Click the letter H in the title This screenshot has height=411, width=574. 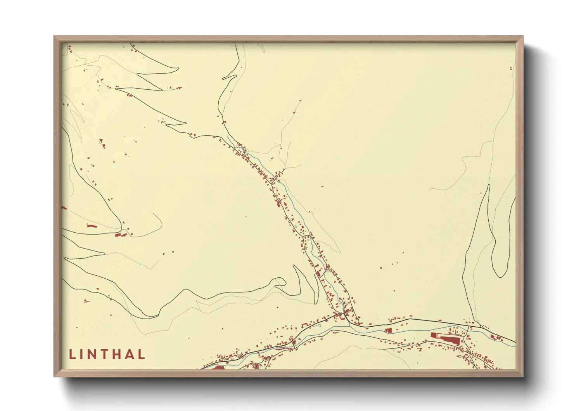[x=119, y=354]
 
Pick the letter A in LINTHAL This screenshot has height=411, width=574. [x=130, y=354]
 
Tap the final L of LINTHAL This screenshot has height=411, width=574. [x=142, y=354]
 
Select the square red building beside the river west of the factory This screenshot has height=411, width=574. [x=388, y=330]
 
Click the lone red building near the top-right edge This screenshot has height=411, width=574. [x=511, y=68]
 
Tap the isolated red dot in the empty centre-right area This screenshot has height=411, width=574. [x=322, y=186]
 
